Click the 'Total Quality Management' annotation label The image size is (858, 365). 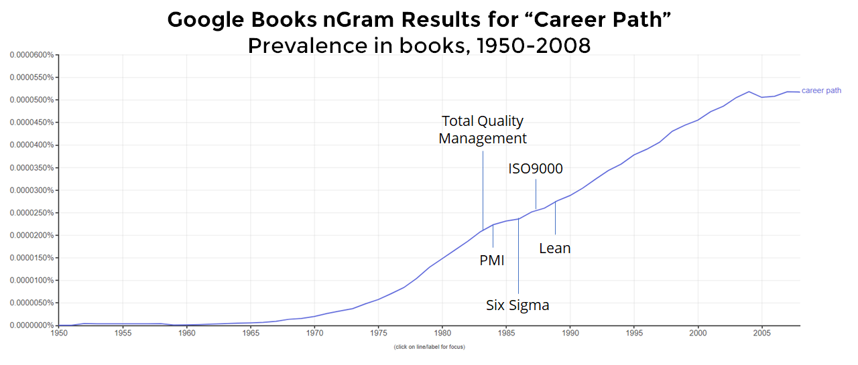point(483,130)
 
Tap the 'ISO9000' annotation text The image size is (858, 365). point(535,169)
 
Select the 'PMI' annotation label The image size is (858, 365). point(492,261)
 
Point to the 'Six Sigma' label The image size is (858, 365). point(517,305)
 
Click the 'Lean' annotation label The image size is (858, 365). point(555,248)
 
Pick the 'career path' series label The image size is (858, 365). point(821,90)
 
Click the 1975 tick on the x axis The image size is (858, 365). point(378,333)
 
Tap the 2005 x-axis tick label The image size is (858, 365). point(761,333)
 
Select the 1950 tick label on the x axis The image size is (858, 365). point(59,333)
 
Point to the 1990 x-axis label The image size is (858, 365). point(570,333)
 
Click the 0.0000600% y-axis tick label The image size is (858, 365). point(32,55)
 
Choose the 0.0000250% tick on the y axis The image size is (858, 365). point(32,213)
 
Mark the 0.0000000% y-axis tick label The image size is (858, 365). point(32,325)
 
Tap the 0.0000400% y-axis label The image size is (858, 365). point(32,145)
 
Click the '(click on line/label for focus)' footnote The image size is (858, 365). point(429,347)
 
